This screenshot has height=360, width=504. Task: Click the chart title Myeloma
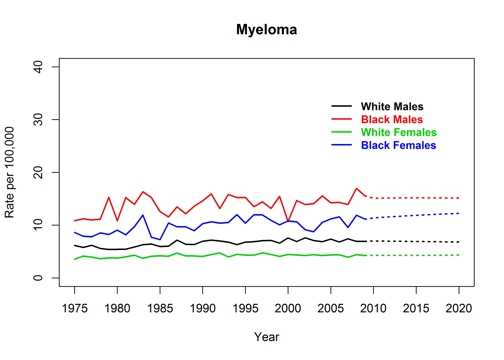pos(266,31)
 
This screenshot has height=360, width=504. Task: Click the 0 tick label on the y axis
pos(41,278)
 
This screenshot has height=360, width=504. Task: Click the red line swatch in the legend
pos(343,119)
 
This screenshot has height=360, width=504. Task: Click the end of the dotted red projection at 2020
pos(459,198)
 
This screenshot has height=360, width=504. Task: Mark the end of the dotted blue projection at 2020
pos(459,213)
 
